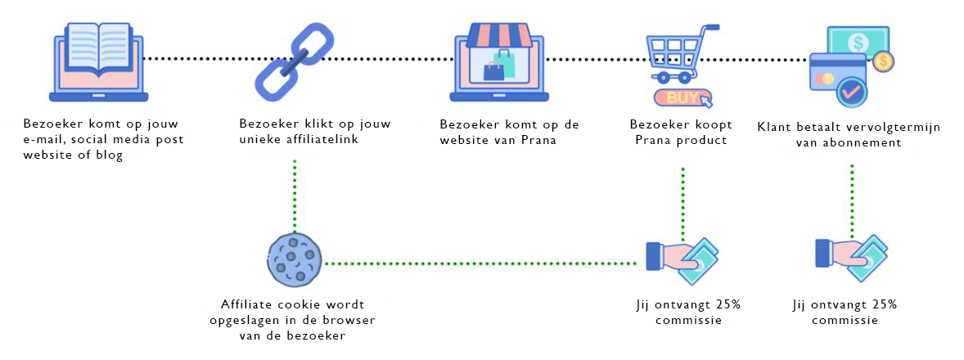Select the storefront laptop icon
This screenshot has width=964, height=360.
coord(499,63)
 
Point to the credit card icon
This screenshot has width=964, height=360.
coord(838,76)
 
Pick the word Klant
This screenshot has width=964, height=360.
coord(774,127)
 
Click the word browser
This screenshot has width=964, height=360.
coord(351,320)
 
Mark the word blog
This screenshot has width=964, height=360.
coord(110,155)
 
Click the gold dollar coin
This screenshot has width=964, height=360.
coord(883,60)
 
